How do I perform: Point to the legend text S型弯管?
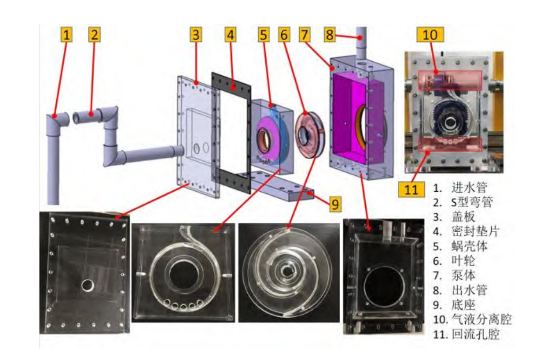click(x=470, y=203)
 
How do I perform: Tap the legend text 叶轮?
click(x=462, y=261)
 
